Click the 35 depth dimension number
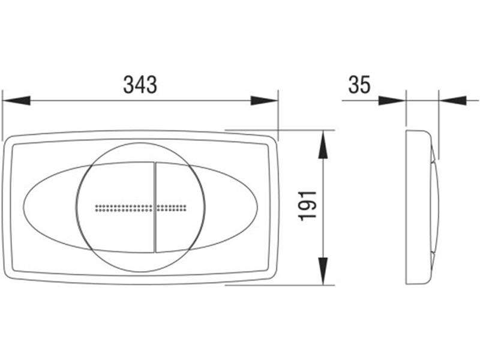pyautogui.click(x=359, y=85)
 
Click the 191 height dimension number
pyautogui.click(x=307, y=206)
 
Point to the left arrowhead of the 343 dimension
pyautogui.click(x=16, y=100)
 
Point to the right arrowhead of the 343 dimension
pyautogui.click(x=264, y=100)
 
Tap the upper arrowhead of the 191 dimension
pyautogui.click(x=323, y=145)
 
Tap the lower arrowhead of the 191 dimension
pyautogui.click(x=323, y=271)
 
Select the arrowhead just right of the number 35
pyautogui.click(x=392, y=100)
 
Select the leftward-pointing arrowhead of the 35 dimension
pyautogui.click(x=453, y=100)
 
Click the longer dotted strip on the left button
pyautogui.click(x=124, y=208)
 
